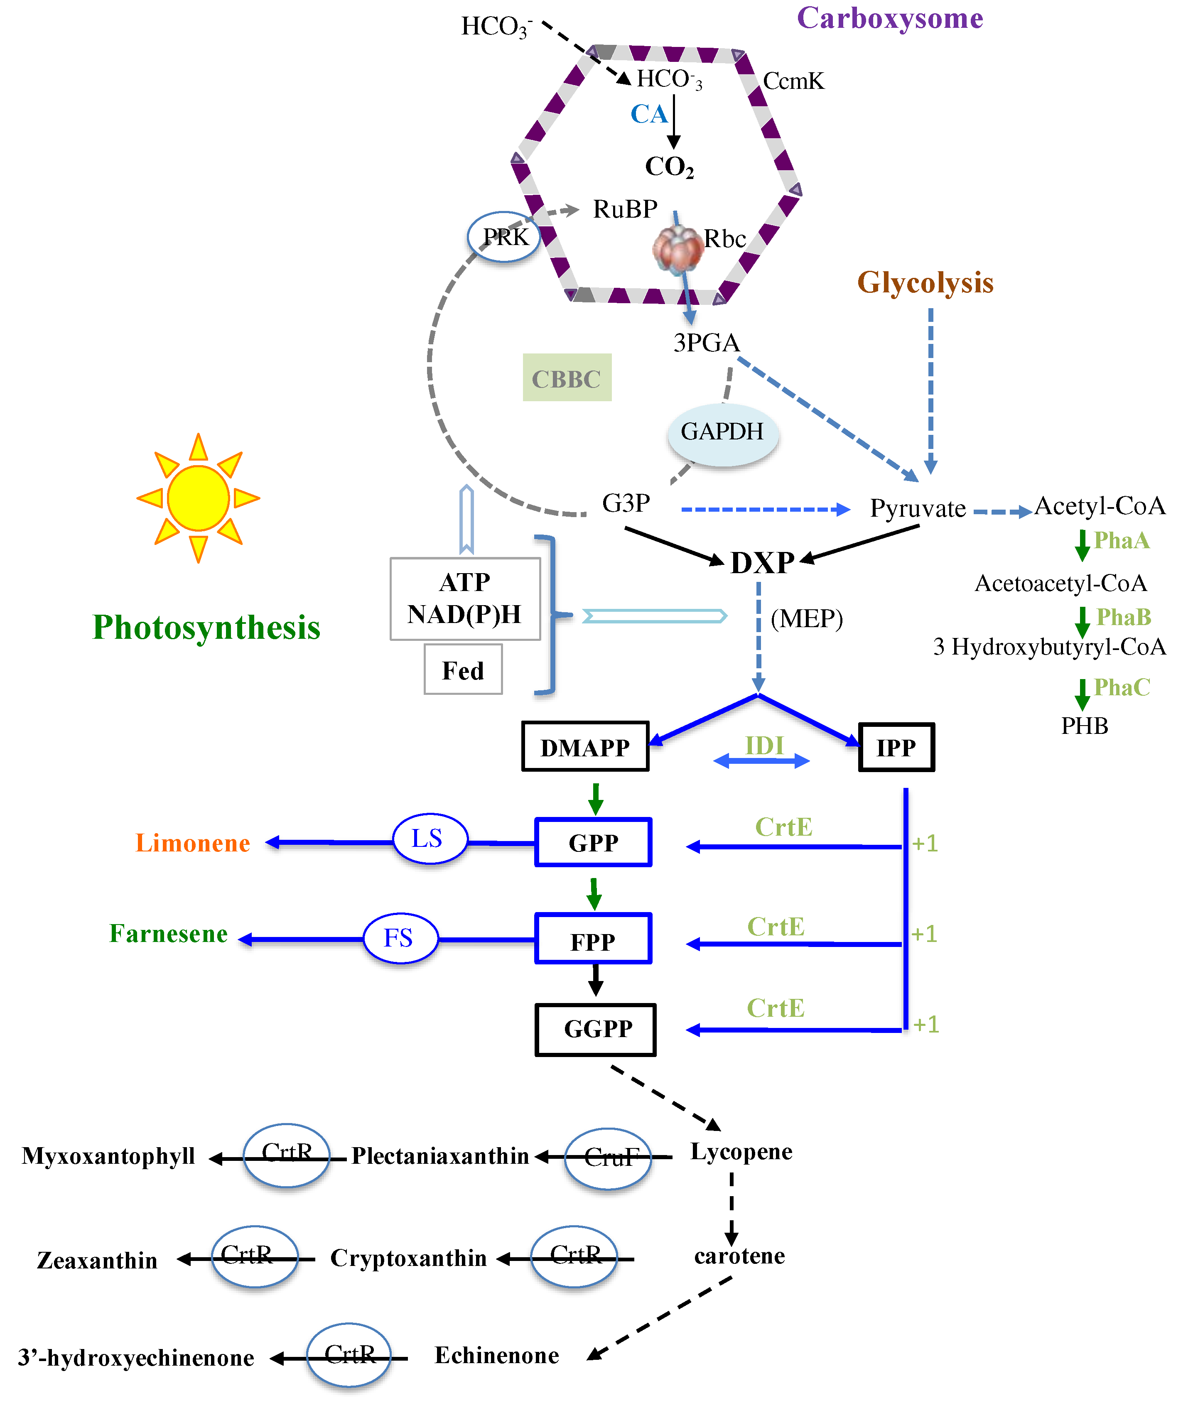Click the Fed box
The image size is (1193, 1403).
(463, 670)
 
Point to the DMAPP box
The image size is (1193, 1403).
(585, 746)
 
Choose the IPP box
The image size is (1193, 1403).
(896, 747)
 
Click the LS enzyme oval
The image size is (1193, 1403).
(430, 839)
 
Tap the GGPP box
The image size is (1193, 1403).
(596, 1029)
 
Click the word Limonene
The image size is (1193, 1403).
(193, 842)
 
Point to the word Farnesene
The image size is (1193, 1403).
(168, 934)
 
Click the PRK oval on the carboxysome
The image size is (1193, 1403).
(504, 237)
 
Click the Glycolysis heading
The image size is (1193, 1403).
(925, 282)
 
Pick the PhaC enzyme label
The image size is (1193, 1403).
(1121, 687)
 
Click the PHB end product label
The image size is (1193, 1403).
(1084, 726)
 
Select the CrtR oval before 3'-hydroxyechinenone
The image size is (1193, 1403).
(349, 1354)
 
